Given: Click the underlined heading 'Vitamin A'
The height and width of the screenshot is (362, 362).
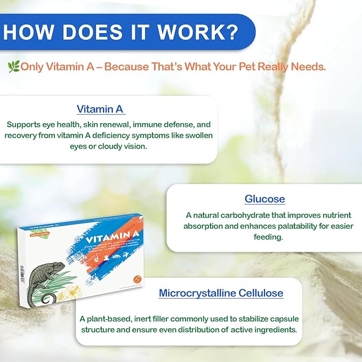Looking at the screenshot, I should coord(100,109).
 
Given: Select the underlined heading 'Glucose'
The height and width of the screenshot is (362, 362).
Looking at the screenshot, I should coord(264,199).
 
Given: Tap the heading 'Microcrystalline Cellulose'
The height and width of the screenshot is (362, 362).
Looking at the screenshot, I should coord(221,293).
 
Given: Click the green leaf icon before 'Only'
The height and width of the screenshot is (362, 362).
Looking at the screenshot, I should coord(13,67).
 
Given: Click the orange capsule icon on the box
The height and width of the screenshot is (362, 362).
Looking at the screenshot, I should coord(138,279).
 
